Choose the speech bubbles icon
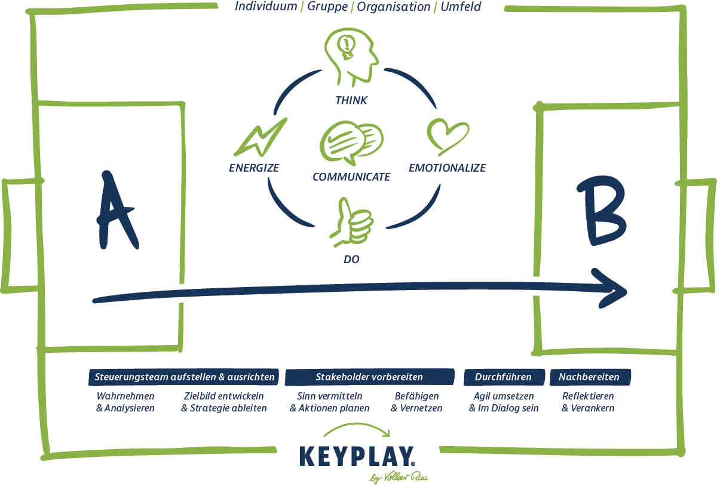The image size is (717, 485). (x=351, y=142)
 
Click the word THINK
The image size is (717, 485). (x=351, y=100)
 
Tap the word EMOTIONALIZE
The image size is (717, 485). (x=447, y=168)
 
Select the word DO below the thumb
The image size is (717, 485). (x=351, y=260)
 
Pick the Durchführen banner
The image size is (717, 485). (x=505, y=377)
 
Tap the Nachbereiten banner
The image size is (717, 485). (x=589, y=377)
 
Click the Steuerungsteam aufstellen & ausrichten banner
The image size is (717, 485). (x=185, y=377)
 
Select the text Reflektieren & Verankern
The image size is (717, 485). (x=588, y=402)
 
